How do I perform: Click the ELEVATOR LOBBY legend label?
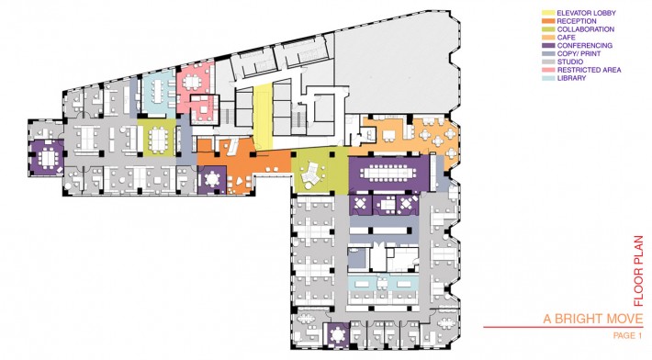click(586, 13)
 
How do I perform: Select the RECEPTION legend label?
click(577, 21)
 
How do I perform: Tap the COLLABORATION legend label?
click(586, 29)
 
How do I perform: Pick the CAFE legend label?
click(567, 38)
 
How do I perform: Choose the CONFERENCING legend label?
click(585, 46)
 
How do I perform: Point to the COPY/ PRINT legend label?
click(579, 53)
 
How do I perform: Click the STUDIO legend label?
click(570, 62)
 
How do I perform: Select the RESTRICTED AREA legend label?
click(589, 70)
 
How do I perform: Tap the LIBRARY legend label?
click(571, 78)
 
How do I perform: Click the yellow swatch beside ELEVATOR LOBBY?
click(547, 13)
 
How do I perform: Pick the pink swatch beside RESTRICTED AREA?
click(547, 70)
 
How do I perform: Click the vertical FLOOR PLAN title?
click(638, 271)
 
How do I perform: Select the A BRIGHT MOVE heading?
click(593, 319)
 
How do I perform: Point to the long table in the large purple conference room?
click(388, 172)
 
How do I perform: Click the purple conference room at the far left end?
click(46, 157)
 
